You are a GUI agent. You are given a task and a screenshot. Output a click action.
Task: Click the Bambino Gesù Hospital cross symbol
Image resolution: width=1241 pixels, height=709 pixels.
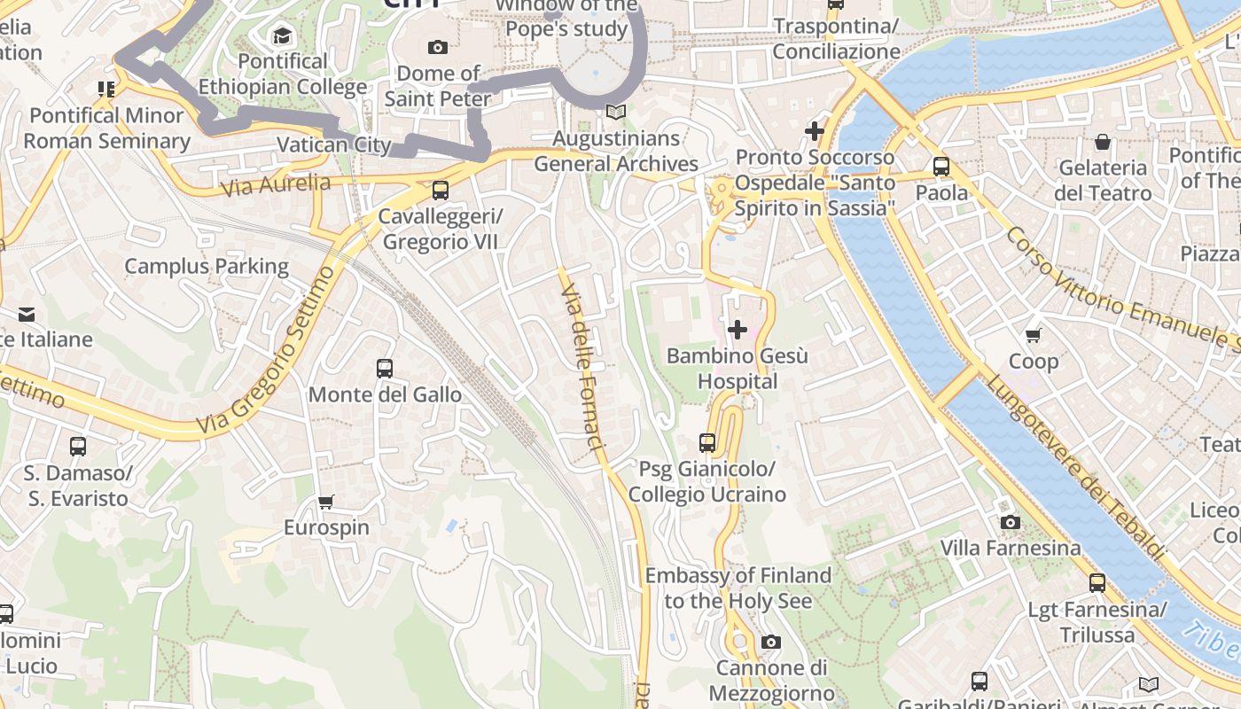click(737, 331)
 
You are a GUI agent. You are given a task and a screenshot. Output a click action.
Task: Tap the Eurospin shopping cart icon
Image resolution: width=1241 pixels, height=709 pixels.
click(326, 503)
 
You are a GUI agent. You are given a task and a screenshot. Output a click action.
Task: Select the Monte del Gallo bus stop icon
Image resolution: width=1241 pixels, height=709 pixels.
click(385, 369)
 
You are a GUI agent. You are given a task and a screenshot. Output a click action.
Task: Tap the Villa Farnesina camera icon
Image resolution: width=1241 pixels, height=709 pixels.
click(1010, 523)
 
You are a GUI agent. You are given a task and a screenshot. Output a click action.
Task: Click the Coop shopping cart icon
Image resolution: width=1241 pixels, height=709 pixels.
click(1033, 335)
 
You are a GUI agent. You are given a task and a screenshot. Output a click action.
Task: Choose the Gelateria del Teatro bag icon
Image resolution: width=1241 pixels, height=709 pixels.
click(1103, 142)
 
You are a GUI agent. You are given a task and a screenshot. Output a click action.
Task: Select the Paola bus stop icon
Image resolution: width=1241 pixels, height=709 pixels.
click(941, 167)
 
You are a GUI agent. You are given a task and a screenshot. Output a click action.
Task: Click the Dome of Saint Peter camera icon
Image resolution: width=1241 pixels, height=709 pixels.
click(437, 47)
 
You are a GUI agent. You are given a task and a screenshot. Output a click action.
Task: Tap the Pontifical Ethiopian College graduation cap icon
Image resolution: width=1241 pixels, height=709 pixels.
click(282, 35)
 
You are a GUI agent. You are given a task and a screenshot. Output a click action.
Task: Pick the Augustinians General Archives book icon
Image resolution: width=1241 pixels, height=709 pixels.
click(615, 113)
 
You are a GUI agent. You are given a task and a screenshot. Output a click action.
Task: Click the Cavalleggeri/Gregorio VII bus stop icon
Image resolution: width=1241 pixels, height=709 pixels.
click(440, 191)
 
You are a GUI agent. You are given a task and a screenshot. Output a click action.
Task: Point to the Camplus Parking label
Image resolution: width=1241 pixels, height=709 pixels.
click(207, 267)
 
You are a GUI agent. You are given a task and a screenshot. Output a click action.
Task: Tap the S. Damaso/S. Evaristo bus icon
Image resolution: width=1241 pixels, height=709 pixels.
click(78, 447)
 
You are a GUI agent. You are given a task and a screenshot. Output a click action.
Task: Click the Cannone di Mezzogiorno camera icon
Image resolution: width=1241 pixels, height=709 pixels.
click(771, 642)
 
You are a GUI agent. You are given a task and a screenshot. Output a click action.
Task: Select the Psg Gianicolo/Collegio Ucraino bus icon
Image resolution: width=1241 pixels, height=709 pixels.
click(706, 442)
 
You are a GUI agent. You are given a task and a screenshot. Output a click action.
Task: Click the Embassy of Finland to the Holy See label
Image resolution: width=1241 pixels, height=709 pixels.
click(738, 588)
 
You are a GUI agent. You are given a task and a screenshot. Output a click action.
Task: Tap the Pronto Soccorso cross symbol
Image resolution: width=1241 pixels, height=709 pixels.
click(814, 131)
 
